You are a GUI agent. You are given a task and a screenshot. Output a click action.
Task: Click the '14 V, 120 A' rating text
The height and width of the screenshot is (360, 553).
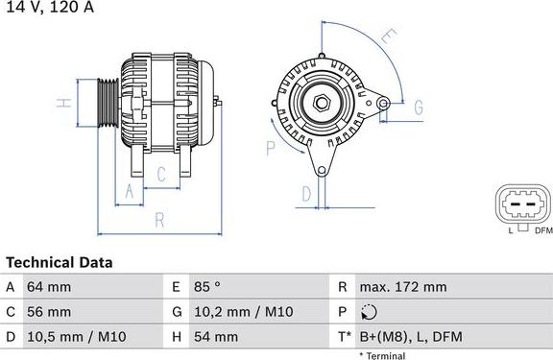tap(47, 8)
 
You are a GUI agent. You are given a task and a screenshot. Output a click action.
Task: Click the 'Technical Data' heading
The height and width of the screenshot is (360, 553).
tap(60, 262)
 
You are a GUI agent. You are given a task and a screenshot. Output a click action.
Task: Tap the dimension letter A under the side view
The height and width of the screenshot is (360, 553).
tap(129, 191)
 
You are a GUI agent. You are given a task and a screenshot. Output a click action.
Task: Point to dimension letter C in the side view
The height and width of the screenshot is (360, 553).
tap(161, 174)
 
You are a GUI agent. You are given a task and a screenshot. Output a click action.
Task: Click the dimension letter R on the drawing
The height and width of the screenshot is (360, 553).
tap(160, 220)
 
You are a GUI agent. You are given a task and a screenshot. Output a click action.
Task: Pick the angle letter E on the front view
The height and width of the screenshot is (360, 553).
tap(388, 39)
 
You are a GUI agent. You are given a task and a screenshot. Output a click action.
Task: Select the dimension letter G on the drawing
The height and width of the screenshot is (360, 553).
tap(419, 108)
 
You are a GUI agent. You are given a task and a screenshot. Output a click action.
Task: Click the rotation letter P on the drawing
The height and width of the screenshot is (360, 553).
tap(271, 148)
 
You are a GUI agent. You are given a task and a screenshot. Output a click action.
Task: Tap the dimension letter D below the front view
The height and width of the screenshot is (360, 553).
tap(306, 193)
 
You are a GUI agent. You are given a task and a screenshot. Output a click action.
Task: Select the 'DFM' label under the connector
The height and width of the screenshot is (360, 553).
tap(543, 230)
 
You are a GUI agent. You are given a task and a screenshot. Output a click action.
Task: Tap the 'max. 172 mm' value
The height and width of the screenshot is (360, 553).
tap(402, 287)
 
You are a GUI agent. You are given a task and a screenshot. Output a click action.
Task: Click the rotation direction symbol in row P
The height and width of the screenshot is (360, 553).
tap(370, 312)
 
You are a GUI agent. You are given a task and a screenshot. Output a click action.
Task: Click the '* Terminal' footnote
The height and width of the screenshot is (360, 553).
tap(382, 355)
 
